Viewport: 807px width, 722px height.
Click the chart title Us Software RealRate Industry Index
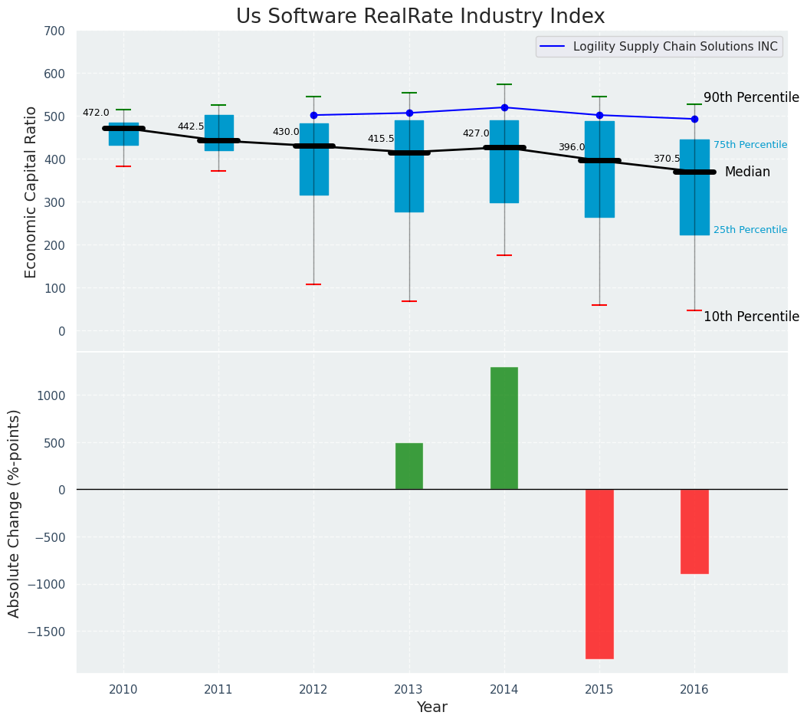point(420,17)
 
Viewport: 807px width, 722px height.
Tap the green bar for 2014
point(504,428)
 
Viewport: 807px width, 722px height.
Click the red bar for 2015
point(599,573)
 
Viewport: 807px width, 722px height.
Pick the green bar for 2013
point(409,466)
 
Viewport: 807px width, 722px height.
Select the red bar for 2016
point(694,531)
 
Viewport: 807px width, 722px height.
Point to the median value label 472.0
point(96,113)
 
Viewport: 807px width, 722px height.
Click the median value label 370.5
point(667,159)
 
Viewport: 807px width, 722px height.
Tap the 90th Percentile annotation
point(751,98)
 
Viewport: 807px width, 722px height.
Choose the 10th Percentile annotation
point(751,317)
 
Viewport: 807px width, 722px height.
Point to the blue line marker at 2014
point(504,107)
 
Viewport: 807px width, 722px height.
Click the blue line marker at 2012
point(313,115)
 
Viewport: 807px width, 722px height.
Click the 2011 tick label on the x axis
point(218,690)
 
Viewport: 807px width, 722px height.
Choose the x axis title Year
point(431,707)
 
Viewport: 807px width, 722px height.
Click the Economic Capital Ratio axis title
point(31,192)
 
